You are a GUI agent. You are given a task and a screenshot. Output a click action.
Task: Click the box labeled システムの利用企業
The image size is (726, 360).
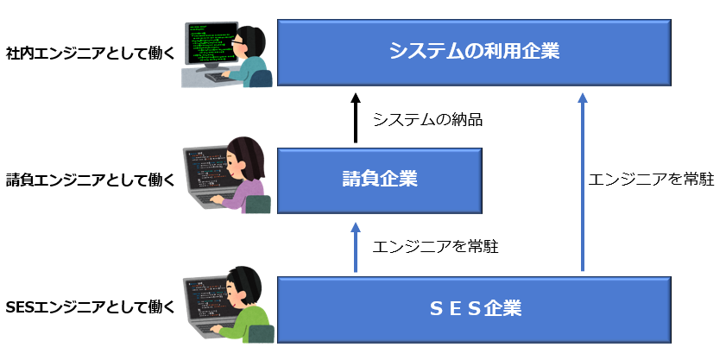pos(474,52)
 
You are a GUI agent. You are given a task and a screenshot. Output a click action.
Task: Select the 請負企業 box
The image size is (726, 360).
pos(379,180)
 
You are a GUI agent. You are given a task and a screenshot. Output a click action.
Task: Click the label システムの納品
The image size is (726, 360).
pos(427,120)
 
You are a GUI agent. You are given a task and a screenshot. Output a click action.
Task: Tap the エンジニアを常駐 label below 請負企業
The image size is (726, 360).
pos(435,247)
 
